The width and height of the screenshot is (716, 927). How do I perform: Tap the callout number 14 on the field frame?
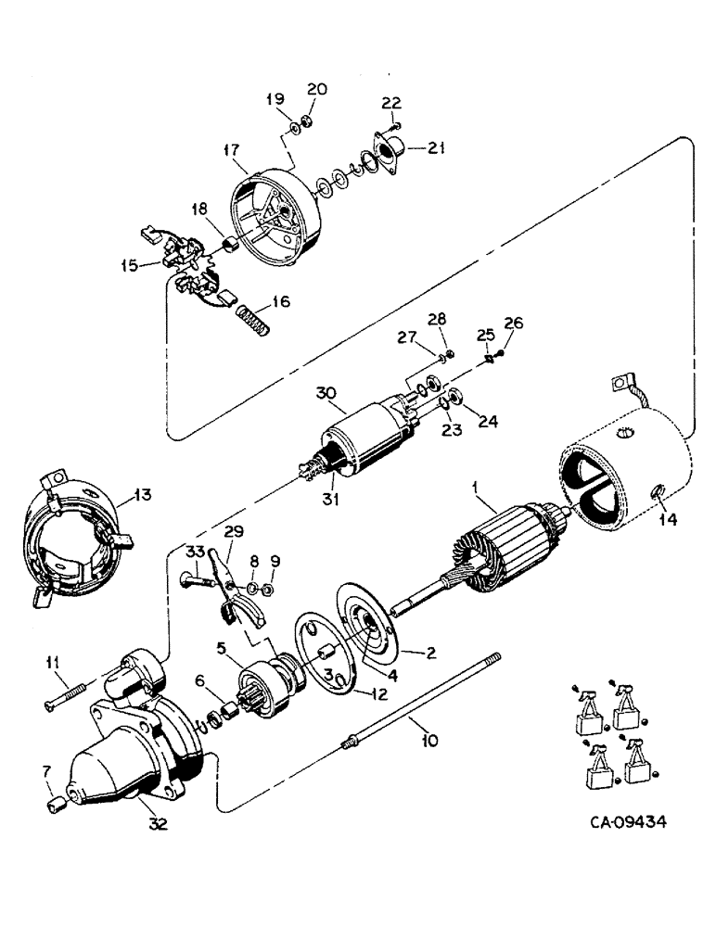[667, 520]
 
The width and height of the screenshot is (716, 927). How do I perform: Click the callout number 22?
[392, 104]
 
